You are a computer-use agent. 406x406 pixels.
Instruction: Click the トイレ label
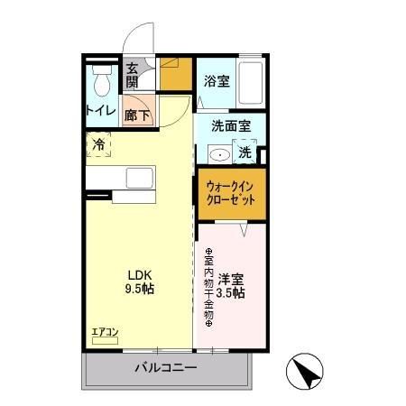point(100,111)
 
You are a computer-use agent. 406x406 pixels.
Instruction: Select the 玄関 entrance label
point(133,75)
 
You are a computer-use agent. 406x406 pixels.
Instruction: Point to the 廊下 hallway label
point(139,115)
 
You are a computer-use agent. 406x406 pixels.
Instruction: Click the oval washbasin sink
point(219,154)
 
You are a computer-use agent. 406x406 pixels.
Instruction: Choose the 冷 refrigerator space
point(99,144)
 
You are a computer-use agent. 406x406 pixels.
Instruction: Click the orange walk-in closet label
point(231,193)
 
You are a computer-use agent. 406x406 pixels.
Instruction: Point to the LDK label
point(138,277)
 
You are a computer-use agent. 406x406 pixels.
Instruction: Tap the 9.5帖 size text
point(138,291)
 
